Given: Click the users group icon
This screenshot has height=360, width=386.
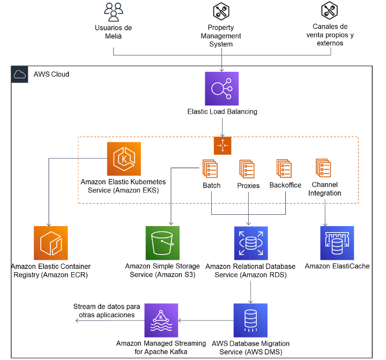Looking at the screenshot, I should (x=114, y=12).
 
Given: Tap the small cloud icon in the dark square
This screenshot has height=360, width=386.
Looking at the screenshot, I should (x=20, y=74).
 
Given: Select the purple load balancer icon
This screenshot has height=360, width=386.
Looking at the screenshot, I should (x=222, y=89).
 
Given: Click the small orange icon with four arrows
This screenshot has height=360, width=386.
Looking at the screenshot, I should (x=222, y=146).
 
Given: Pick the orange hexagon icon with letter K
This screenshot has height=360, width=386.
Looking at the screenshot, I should (x=124, y=159).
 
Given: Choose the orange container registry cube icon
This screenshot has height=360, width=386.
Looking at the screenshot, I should (x=51, y=243).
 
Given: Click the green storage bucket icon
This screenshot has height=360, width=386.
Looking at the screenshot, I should (x=162, y=243).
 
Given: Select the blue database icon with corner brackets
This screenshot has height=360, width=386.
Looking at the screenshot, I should (x=251, y=243).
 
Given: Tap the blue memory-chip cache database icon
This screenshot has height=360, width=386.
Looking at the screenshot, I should (x=337, y=243).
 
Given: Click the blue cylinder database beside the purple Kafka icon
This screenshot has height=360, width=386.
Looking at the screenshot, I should (x=250, y=320).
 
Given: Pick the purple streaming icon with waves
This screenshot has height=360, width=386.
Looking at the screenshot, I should (x=161, y=320).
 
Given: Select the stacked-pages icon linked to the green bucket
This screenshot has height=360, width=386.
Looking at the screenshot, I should (x=210, y=169).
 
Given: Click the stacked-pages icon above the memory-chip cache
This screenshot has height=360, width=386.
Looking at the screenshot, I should (x=323, y=168).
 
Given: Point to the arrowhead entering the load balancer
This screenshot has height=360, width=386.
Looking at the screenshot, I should (x=222, y=70).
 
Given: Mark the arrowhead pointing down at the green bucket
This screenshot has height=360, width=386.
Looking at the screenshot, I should (x=171, y=223).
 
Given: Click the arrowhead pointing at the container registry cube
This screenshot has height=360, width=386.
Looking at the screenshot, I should (x=49, y=224).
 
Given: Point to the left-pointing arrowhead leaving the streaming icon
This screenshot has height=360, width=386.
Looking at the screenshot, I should (x=78, y=320).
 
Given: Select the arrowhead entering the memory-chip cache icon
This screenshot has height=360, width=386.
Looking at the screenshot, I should (x=325, y=224).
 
